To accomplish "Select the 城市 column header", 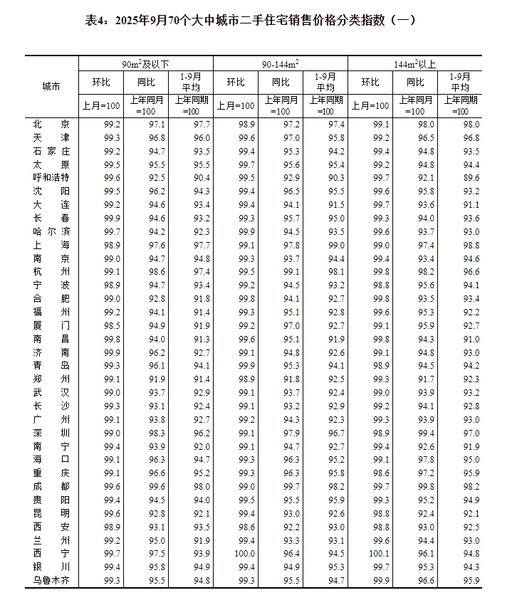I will click(51, 86).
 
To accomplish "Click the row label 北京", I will click(51, 125).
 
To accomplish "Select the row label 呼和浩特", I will click(51, 177).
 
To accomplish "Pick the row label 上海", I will click(51, 244).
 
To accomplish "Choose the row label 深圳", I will click(51, 432).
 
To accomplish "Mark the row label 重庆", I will click(51, 473).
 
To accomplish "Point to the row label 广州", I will click(51, 419).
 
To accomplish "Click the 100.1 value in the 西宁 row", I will click(380, 553).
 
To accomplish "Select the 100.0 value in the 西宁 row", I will click(246, 553).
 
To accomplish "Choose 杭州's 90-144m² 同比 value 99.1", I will click(292, 271).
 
